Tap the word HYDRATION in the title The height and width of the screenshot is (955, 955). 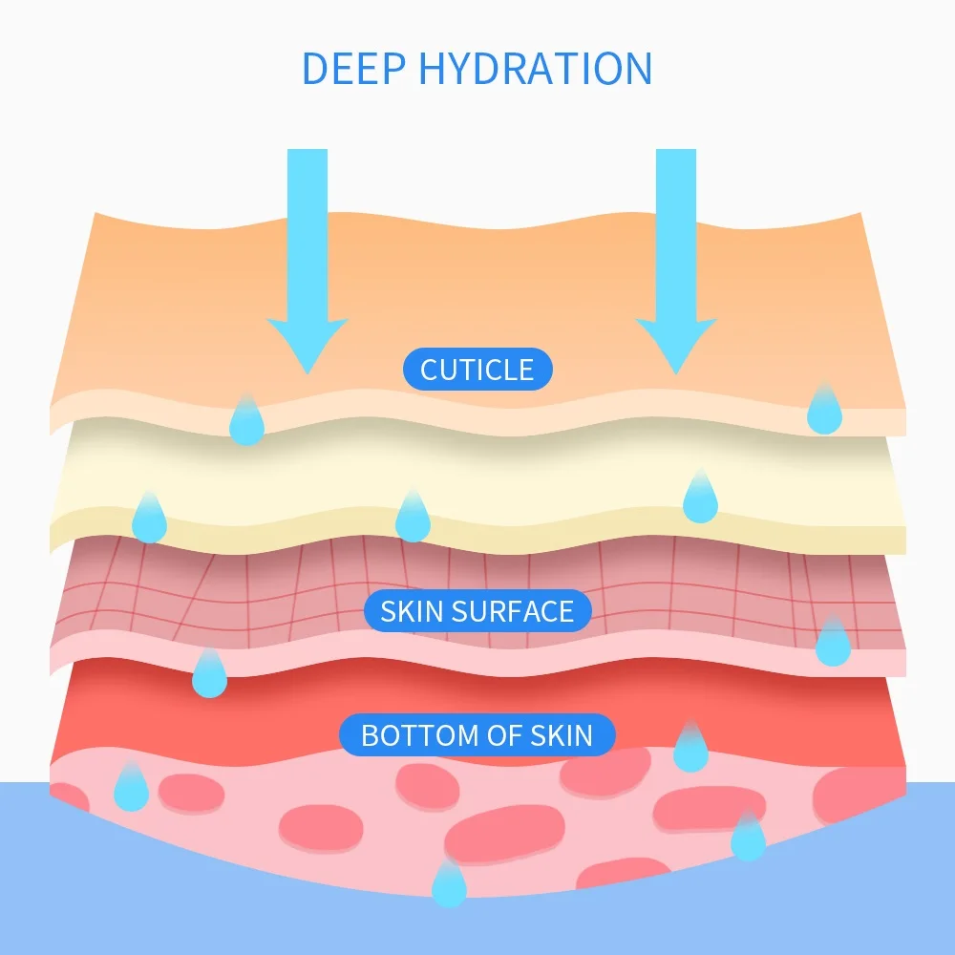pos(535,69)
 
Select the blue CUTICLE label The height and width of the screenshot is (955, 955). pos(477,370)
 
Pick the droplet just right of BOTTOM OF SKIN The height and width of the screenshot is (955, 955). pos(690,750)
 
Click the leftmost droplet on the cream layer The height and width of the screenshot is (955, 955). pos(149,520)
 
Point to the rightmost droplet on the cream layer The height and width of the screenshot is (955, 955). pos(700,499)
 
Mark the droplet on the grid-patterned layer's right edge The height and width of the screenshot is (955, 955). pos(833,644)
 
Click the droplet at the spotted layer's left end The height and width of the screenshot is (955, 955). pos(131,789)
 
